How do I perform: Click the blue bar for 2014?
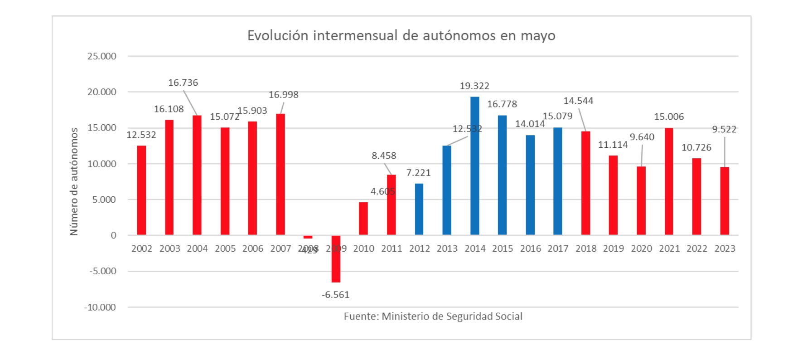(474, 165)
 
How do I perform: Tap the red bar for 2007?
(280, 174)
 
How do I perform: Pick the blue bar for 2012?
(419, 209)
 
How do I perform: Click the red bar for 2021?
(669, 181)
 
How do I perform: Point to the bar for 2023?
(725, 201)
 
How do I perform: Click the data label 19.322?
(474, 86)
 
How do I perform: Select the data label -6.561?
(336, 295)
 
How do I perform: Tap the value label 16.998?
(284, 95)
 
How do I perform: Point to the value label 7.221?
(418, 173)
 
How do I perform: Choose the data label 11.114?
(613, 145)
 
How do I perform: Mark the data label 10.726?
(696, 147)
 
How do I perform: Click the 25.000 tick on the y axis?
(102, 56)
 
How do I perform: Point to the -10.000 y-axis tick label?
(100, 307)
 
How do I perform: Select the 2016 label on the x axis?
(530, 248)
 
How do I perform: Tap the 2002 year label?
(142, 248)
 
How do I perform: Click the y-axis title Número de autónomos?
(74, 181)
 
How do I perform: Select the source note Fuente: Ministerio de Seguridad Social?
(433, 316)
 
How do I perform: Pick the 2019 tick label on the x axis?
(613, 248)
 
